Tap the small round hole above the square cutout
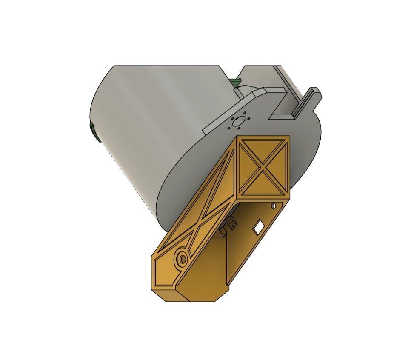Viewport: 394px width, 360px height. [x=274, y=206]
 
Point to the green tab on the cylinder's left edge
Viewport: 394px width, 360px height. [x=94, y=132]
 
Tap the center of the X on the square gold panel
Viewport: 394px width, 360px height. [x=262, y=167]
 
